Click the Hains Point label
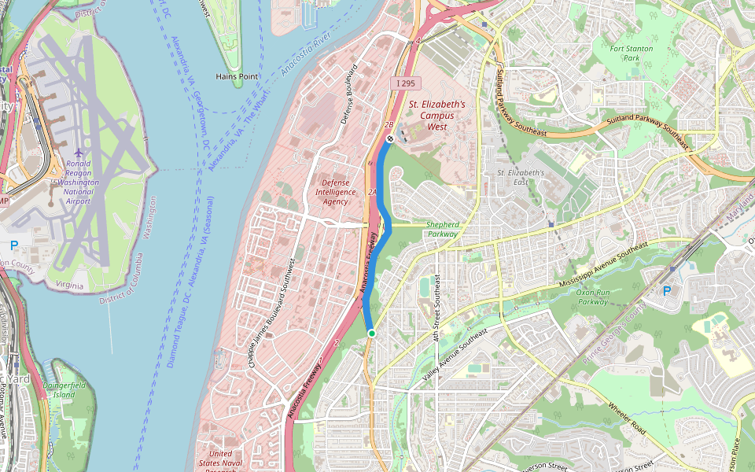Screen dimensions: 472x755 237,76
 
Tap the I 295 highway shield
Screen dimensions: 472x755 405,83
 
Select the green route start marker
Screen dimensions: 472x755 371,334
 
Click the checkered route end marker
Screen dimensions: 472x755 390,138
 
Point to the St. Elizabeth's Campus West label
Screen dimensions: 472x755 436,115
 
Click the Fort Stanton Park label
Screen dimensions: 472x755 632,53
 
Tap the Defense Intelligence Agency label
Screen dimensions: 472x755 335,191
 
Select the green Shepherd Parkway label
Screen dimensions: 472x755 442,229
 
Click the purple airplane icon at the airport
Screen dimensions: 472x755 78,153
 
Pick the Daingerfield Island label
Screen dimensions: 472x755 68,389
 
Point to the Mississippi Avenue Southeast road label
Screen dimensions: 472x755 602,265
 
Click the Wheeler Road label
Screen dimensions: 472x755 627,419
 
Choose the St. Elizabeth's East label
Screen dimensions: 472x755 521,177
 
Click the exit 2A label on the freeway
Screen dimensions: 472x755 373,192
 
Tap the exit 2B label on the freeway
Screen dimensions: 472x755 388,124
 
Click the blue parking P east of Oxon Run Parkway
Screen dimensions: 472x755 667,290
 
